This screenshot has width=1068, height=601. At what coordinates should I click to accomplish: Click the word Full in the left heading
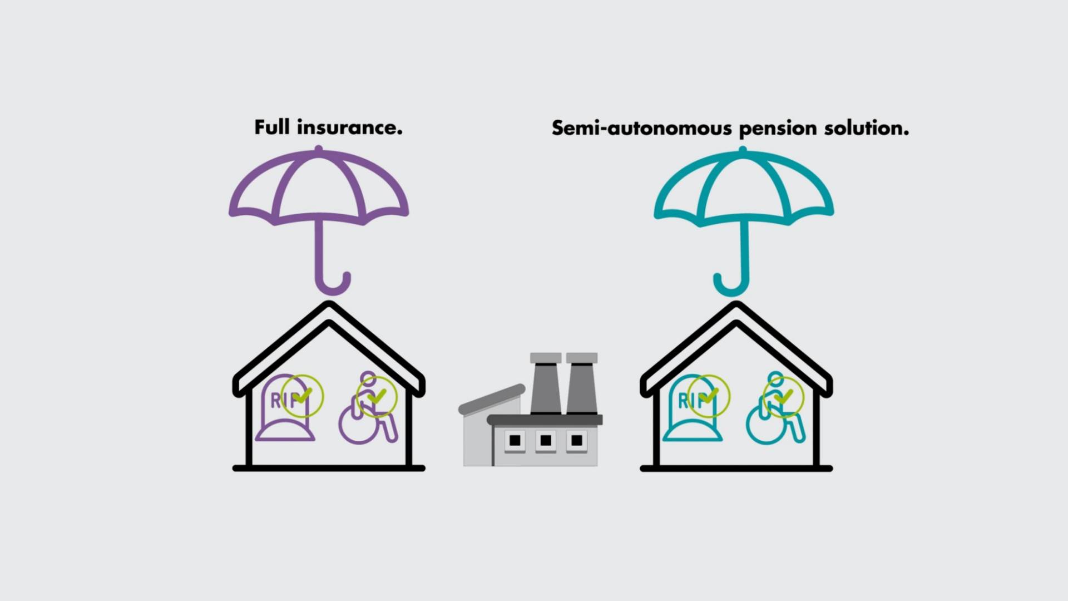pos(273,127)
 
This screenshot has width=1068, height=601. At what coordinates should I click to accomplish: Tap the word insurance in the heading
pos(350,127)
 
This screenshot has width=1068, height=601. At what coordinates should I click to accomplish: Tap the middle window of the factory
pos(546,441)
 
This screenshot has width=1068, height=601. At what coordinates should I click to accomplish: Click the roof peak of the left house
pos(329,305)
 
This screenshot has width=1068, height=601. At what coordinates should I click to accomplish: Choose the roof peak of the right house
pos(736,305)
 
